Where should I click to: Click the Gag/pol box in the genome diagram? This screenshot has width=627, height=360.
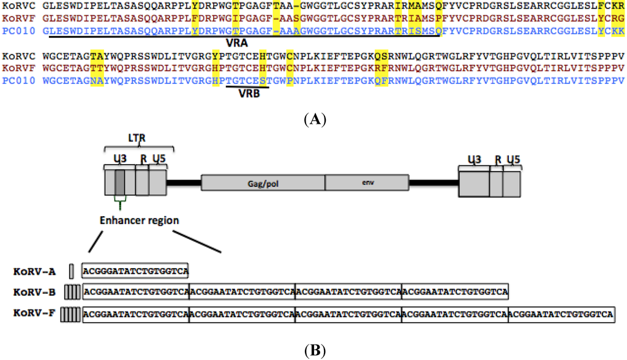click(x=263, y=184)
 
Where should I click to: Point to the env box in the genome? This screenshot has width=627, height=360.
click(x=366, y=184)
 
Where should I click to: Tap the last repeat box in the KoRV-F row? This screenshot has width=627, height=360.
click(x=561, y=315)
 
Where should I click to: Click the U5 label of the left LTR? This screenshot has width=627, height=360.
click(x=158, y=159)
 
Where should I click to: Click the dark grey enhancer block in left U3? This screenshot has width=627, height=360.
click(x=120, y=183)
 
